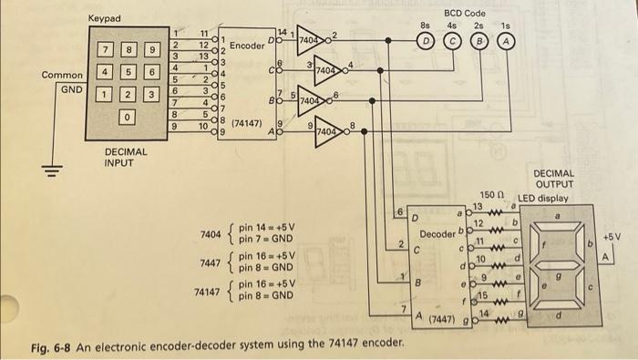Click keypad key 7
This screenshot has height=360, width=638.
pos(107,47)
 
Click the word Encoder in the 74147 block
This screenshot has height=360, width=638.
pos(246,45)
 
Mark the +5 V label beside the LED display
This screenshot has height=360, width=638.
pos(612,235)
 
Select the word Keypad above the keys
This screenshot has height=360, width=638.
pos(104,19)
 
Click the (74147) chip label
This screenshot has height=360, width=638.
pos(248,121)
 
